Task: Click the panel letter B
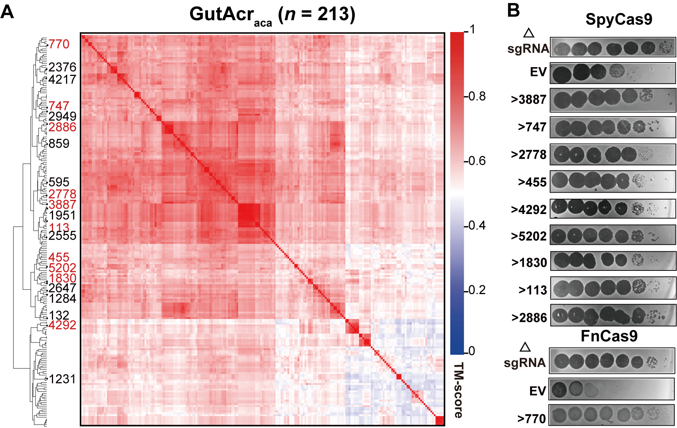(513, 10)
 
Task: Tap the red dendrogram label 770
(59, 44)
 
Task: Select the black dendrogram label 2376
(62, 67)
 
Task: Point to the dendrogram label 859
(59, 144)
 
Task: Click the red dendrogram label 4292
(62, 325)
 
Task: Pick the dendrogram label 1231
(62, 379)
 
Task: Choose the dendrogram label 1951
(62, 215)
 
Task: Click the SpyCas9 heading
(619, 19)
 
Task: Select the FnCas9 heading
(609, 336)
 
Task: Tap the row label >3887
(529, 100)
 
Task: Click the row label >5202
(529, 237)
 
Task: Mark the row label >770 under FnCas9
(532, 419)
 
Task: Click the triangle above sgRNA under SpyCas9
(529, 33)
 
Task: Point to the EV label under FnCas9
(537, 391)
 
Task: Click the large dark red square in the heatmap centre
(249, 215)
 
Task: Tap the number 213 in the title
(333, 14)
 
